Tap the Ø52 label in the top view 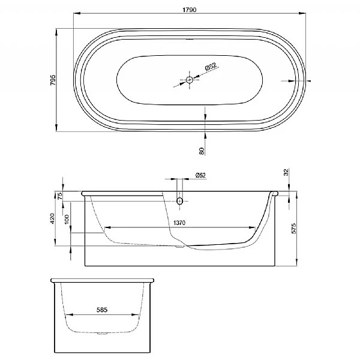pos(211,68)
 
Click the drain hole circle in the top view pos(190,80)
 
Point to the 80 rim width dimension pos(202,151)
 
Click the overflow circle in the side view pos(179,201)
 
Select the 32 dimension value pos(286,172)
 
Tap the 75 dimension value pos(60,195)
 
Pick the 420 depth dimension pos(53,218)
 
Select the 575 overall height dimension pos(293,229)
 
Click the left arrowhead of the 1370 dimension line pos(107,228)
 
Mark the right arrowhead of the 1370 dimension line pos(256,228)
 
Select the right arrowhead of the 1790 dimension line pos(302,13)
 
